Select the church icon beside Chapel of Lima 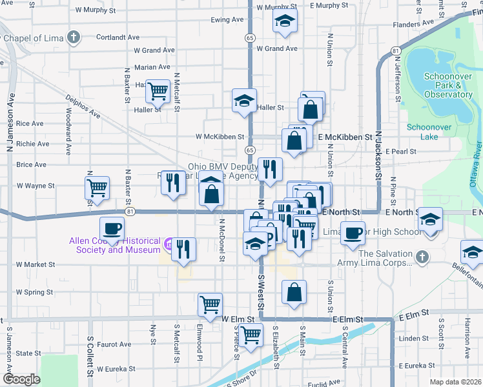(74, 37)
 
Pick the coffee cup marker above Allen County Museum (112, 227)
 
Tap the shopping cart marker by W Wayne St (97, 188)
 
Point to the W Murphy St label (96, 10)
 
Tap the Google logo (21, 379)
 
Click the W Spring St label (34, 292)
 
